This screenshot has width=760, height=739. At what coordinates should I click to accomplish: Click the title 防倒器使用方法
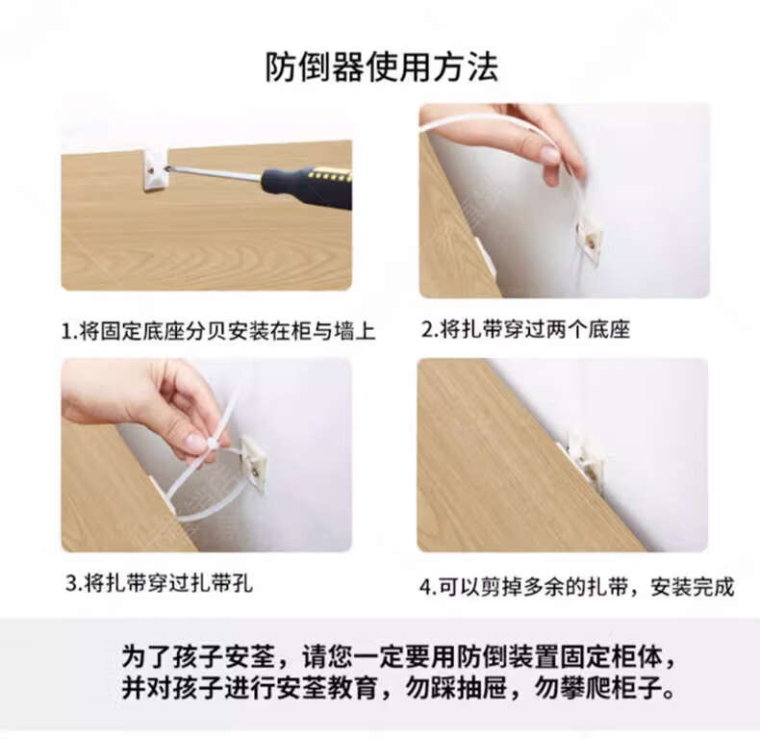point(382,67)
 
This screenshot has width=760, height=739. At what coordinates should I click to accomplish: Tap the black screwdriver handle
point(306,187)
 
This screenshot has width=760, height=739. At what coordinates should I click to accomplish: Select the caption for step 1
point(218,332)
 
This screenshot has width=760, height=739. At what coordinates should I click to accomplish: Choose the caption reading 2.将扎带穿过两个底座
point(525,330)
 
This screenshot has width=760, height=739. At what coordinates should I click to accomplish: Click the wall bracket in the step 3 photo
point(254,465)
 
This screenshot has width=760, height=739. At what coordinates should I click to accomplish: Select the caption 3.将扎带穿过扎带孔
point(159,582)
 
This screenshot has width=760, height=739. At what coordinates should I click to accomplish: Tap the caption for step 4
point(577,587)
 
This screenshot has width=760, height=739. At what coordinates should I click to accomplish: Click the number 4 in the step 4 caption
point(425,587)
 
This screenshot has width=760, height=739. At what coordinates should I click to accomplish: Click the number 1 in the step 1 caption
point(66,332)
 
